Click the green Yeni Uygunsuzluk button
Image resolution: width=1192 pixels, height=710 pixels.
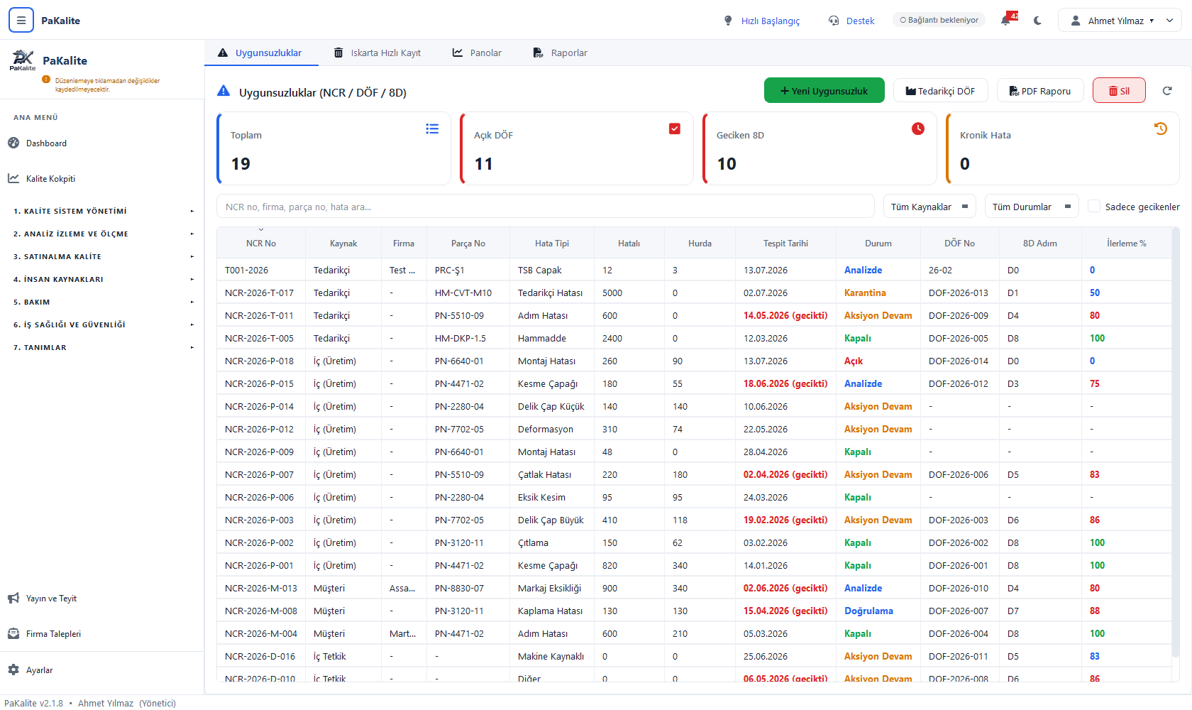824,91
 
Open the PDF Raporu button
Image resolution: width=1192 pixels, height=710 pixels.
1040,91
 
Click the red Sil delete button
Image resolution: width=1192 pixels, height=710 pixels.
1118,91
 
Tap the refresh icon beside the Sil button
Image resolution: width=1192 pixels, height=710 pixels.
1167,91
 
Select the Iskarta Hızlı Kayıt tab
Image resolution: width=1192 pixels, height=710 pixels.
377,53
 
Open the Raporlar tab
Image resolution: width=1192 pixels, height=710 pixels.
560,53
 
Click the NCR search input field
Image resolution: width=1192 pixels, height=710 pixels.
545,207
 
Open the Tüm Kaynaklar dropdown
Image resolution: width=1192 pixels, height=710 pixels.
929,207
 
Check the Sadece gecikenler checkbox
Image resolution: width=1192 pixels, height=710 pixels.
1093,207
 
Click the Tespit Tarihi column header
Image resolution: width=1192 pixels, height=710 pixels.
785,244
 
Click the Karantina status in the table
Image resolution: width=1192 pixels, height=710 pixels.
865,293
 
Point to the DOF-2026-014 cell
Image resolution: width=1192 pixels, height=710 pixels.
958,361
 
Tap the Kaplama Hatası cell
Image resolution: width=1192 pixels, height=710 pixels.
550,611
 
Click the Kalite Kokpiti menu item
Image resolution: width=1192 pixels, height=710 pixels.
50,178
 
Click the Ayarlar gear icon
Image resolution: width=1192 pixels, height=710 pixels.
14,670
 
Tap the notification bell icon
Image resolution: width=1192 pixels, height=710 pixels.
1005,21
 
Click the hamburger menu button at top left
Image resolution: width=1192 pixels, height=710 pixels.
21,21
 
